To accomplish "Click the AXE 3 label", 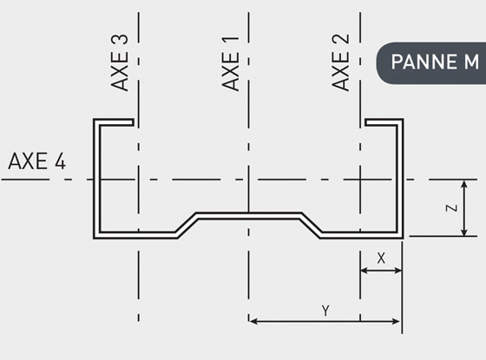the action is (x=120, y=62).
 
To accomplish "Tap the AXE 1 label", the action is (x=231, y=64).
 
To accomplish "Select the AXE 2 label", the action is (x=340, y=62).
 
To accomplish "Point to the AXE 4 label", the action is (x=36, y=161).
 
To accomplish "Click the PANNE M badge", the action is (x=431, y=63).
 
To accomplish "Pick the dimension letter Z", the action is (x=451, y=207).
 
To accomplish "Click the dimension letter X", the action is (x=381, y=259).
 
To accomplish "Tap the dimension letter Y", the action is (x=325, y=311).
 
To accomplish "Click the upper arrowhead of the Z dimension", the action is (x=464, y=184).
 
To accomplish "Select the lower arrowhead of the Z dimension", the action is (x=464, y=232).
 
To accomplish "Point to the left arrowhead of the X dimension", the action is (x=364, y=271).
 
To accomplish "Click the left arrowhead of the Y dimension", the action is (x=253, y=321).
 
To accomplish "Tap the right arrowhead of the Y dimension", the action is (x=396, y=321).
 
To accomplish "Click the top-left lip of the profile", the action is (x=114, y=122).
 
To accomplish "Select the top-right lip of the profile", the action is (x=384, y=122).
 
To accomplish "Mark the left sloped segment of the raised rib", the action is (x=187, y=226).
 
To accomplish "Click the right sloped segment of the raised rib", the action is (x=311, y=226).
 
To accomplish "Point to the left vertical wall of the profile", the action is (x=96, y=179).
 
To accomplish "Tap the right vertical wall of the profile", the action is (x=400, y=179).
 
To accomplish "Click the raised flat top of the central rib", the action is (x=248, y=216).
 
